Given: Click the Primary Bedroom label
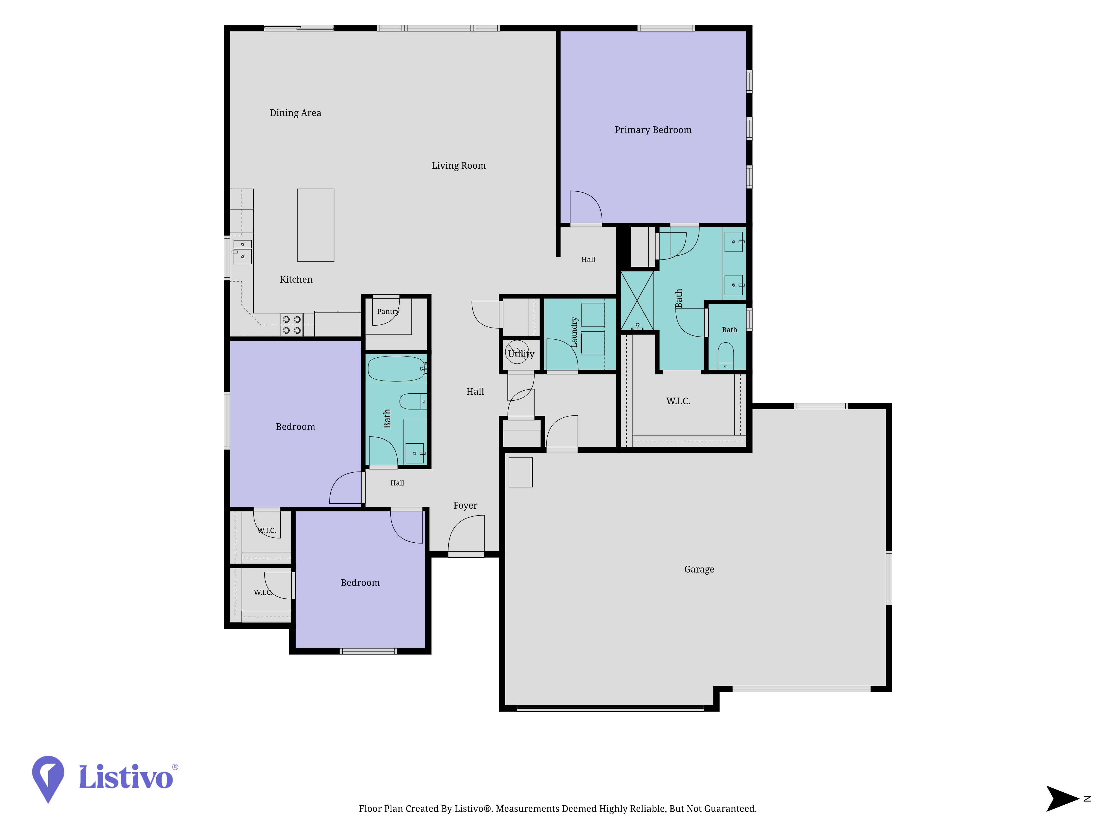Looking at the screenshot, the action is pyautogui.click(x=653, y=130).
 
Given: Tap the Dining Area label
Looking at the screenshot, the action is pyautogui.click(x=295, y=113).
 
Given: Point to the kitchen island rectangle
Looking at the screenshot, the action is pyautogui.click(x=315, y=225).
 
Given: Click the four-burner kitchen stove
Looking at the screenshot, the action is pyautogui.click(x=292, y=324).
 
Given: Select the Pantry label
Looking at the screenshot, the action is pyautogui.click(x=388, y=311).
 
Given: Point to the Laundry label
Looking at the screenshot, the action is pyautogui.click(x=574, y=332).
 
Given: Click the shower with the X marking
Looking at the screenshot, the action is pyautogui.click(x=637, y=301).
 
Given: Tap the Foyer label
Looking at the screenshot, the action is pyautogui.click(x=465, y=506).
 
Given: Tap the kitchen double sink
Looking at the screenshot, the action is pyautogui.click(x=242, y=251).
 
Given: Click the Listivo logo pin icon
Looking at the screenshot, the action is pyautogui.click(x=48, y=778).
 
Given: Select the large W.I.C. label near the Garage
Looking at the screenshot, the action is pyautogui.click(x=678, y=401).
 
